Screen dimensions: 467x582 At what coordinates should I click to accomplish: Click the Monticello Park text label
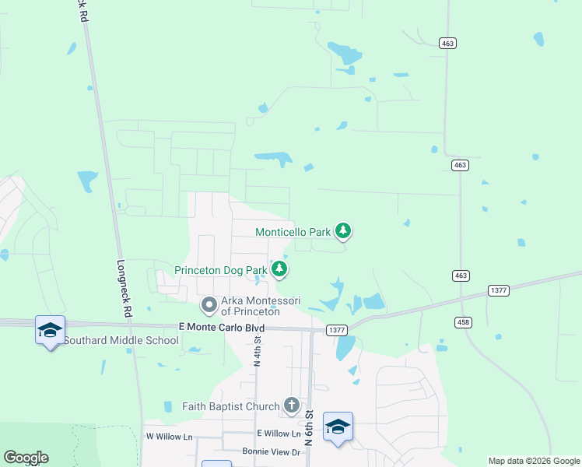coord(293,232)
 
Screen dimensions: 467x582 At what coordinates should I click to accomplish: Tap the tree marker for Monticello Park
coord(343,230)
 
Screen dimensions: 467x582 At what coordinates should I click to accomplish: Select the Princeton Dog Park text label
coord(221,270)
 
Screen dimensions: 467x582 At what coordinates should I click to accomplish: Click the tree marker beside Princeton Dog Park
coord(280,269)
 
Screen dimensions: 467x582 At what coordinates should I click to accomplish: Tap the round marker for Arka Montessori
coord(209,304)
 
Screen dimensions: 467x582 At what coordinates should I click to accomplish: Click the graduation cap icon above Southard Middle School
coord(51,330)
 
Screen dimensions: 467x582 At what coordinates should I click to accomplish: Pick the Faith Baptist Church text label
coord(230,406)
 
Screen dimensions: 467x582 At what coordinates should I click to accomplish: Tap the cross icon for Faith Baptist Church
coord(292,405)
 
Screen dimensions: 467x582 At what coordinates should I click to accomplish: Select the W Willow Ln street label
coord(169,437)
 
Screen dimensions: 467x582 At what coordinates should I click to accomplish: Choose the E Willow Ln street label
coord(278,434)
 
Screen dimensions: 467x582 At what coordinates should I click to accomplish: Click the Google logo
coord(26,458)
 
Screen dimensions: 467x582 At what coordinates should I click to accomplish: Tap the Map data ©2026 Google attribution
coord(534,461)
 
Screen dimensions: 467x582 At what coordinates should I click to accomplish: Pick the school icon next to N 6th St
coord(338,427)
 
